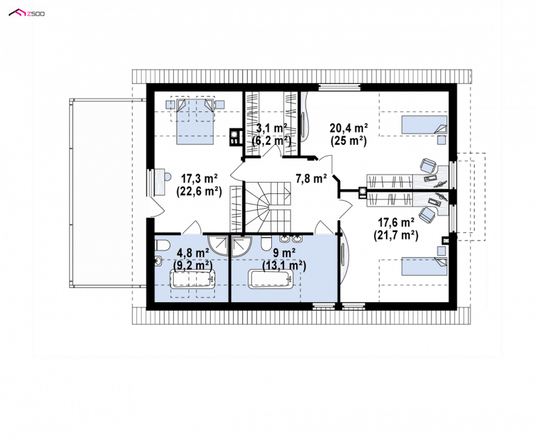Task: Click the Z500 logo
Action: pos(27,13)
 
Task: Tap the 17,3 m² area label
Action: pos(199,179)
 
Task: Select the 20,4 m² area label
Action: pos(348,128)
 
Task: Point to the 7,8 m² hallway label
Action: pos(311,178)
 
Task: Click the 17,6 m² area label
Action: pos(396,223)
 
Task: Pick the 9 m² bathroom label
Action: pos(284,253)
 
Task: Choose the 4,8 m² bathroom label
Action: pos(193,253)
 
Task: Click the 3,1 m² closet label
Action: pos(272,128)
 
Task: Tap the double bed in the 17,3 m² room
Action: pos(195,121)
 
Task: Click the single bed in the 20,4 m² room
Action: pos(424,124)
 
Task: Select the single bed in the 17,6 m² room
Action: pos(424,266)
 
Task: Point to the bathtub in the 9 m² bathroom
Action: pos(271,279)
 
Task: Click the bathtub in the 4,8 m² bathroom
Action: pos(193,279)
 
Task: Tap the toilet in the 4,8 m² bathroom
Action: pos(162,245)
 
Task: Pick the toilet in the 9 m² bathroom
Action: pos(265,243)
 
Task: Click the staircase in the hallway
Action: pos(268,207)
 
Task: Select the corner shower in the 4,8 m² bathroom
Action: pos(218,244)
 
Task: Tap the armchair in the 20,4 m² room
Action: pos(428,166)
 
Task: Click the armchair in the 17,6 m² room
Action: pos(428,215)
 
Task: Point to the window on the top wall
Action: pos(340,87)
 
